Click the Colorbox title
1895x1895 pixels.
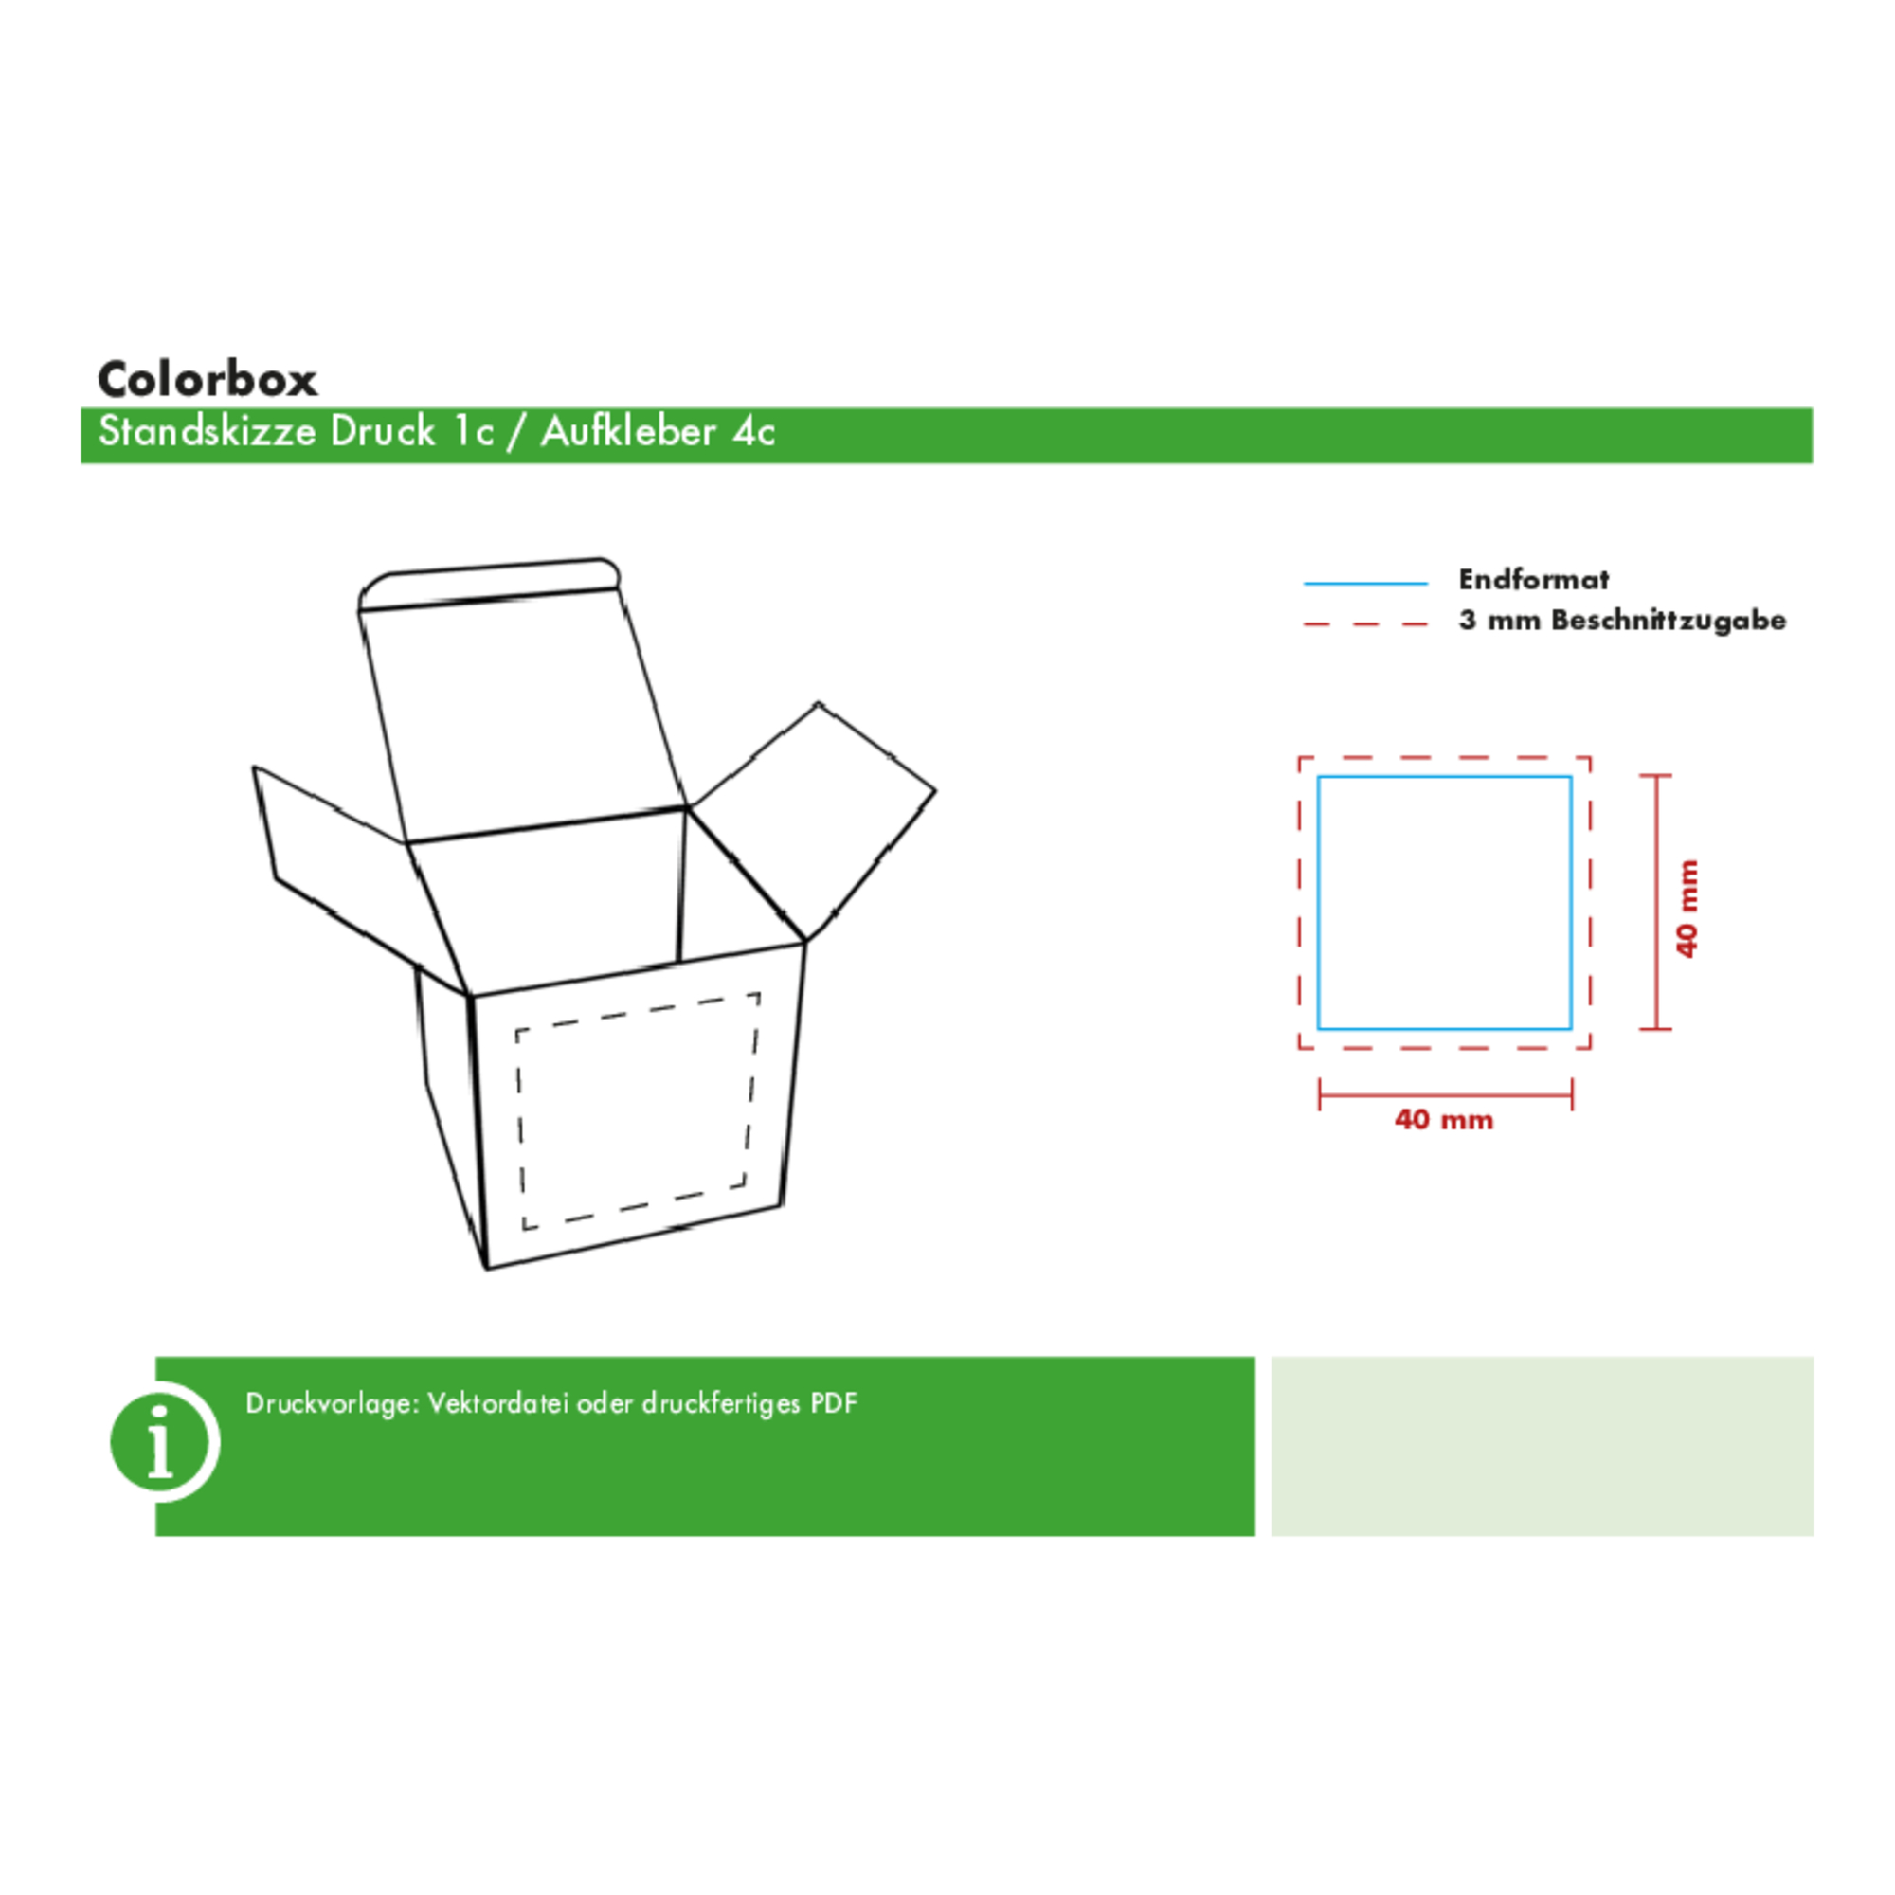click(x=207, y=380)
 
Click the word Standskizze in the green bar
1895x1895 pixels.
click(x=207, y=431)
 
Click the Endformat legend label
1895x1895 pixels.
click(x=1533, y=580)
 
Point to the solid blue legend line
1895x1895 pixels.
click(x=1365, y=584)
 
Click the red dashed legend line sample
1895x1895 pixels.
click(x=1365, y=623)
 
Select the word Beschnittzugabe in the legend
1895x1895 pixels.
click(x=1669, y=620)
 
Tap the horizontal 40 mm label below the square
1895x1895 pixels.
click(x=1444, y=1119)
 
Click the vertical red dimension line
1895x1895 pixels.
click(x=1655, y=901)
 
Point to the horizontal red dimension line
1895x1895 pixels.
click(x=1446, y=1093)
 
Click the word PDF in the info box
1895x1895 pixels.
click(x=834, y=1403)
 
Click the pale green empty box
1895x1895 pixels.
click(x=1542, y=1446)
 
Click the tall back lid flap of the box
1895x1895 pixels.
click(x=520, y=701)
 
